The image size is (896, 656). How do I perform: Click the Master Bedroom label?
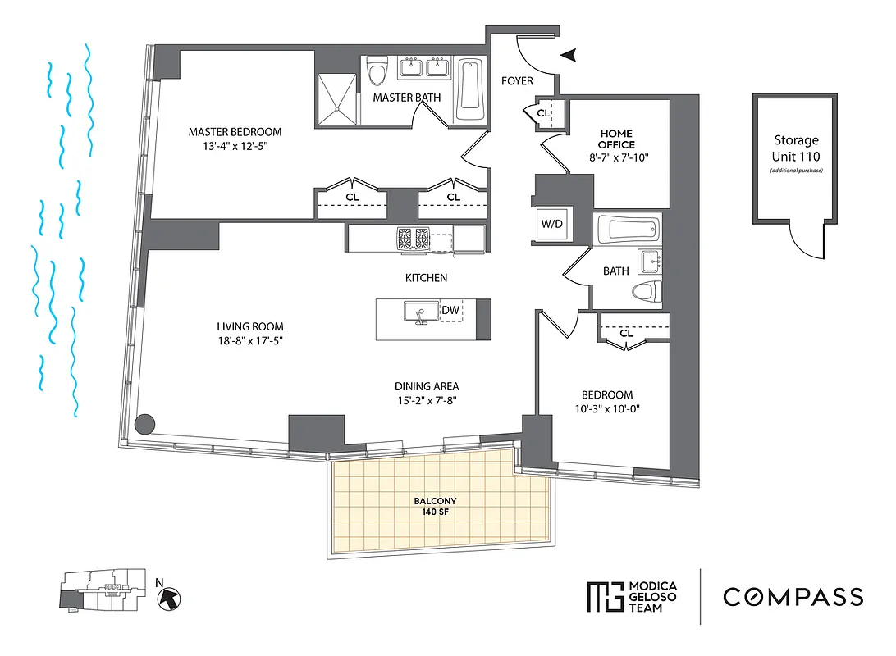[x=235, y=131]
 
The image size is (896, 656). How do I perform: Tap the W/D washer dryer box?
[x=551, y=223]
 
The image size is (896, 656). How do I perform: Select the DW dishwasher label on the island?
[x=450, y=310]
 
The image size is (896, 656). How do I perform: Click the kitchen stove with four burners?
[x=414, y=239]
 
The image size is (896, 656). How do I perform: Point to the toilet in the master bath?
[x=377, y=72]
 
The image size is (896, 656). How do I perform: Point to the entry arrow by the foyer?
[x=568, y=55]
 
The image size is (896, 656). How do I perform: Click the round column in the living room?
[x=144, y=424]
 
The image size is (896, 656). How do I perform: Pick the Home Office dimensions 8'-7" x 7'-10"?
[x=619, y=158]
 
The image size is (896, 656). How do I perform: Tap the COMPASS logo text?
[x=793, y=597]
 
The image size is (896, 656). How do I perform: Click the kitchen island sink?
[x=419, y=312]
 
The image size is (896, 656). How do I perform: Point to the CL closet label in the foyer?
[x=543, y=113]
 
